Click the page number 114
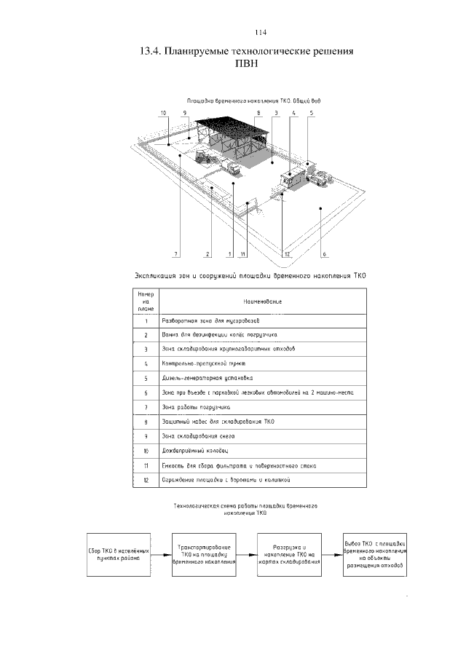coord(262,33)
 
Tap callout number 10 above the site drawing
coord(164,113)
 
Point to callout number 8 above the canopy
coord(258,113)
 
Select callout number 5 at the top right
coord(311,113)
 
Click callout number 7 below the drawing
coord(175,254)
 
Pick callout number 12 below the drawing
coord(288,254)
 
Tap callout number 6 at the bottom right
coord(324,254)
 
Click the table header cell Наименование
coord(263,301)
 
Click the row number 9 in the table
coord(146,435)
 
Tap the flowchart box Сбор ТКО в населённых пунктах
coord(118,554)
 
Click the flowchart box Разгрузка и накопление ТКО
coord(288,554)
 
